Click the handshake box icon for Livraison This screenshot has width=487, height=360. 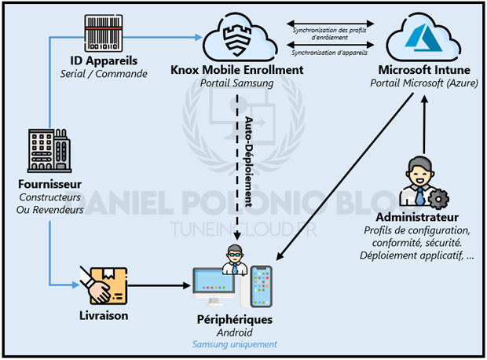pos(103,286)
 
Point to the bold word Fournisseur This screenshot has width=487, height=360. pos(49,185)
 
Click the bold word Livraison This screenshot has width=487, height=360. pos(103,316)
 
